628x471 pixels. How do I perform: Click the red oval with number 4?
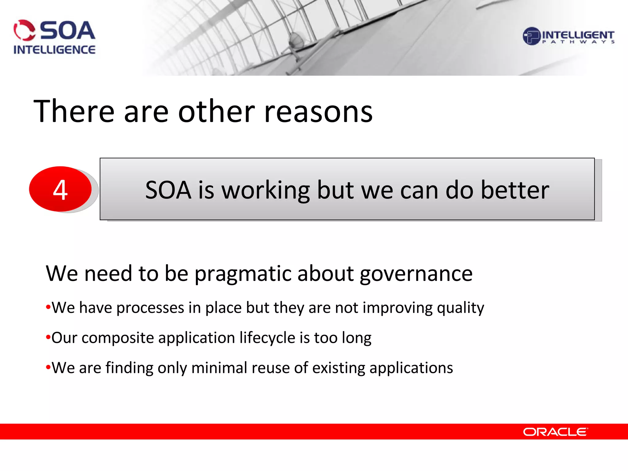[60, 189]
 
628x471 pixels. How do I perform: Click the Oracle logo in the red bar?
[555, 432]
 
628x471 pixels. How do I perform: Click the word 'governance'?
[416, 274]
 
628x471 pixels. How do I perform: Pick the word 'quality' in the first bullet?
[460, 308]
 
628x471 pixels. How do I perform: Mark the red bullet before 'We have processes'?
[48, 308]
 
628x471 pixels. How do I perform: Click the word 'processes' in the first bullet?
[150, 308]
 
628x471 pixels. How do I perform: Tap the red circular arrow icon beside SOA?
[24, 30]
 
